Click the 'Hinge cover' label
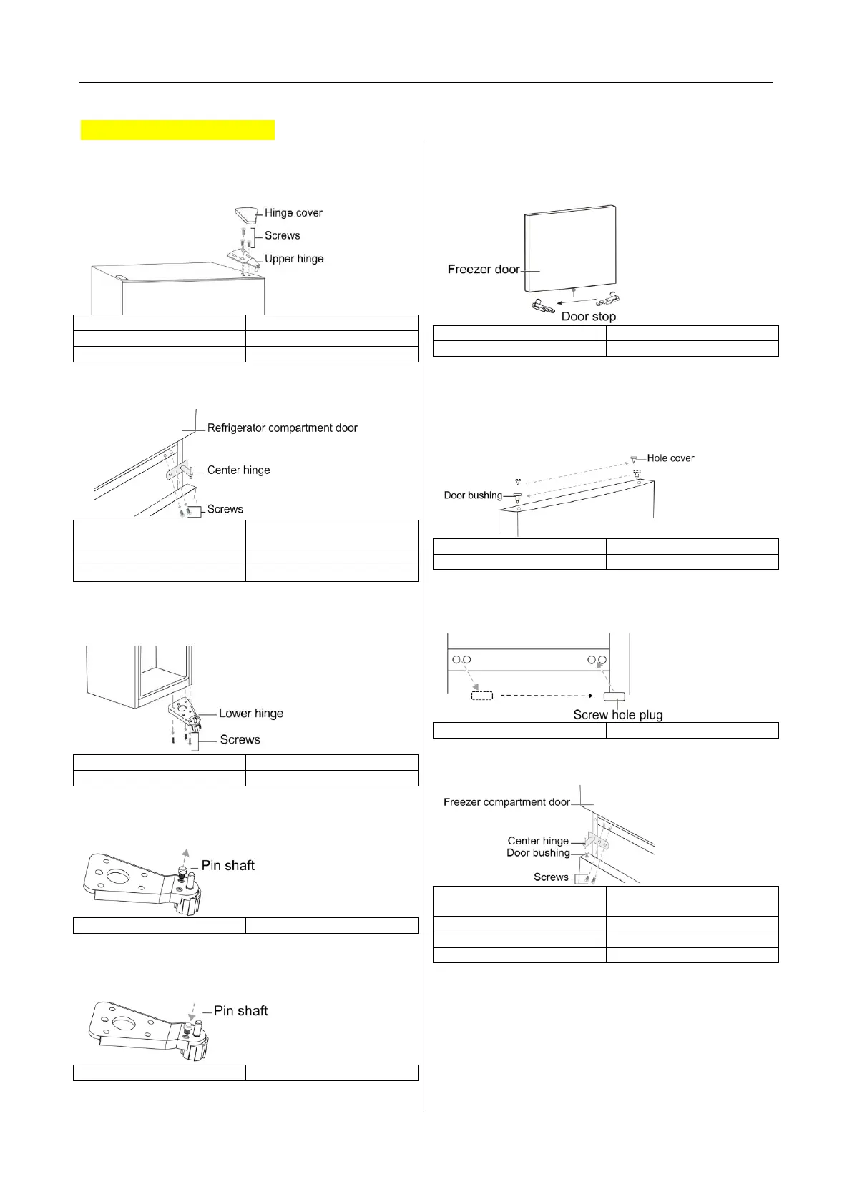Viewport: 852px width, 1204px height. pyautogui.click(x=293, y=213)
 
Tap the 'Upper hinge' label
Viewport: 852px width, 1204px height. pyautogui.click(x=294, y=259)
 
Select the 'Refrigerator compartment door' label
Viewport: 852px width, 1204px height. pyautogui.click(x=282, y=428)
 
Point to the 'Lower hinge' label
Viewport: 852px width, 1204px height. pyautogui.click(x=251, y=714)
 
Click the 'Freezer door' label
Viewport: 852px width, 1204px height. pyautogui.click(x=484, y=270)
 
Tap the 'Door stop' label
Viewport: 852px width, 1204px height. pyautogui.click(x=588, y=317)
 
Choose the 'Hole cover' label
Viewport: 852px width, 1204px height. pyautogui.click(x=670, y=458)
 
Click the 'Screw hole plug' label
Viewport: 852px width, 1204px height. pyautogui.click(x=618, y=715)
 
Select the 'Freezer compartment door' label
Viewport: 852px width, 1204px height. pyautogui.click(x=506, y=802)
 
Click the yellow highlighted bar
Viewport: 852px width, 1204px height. pyautogui.click(x=177, y=130)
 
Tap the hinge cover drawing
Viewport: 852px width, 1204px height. pyautogui.click(x=245, y=214)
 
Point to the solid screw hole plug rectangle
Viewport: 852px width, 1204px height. pyautogui.click(x=615, y=696)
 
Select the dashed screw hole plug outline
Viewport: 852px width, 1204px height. pyautogui.click(x=481, y=694)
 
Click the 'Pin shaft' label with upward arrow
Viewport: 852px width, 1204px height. pyautogui.click(x=228, y=866)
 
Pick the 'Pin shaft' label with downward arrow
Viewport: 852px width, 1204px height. pyautogui.click(x=241, y=1011)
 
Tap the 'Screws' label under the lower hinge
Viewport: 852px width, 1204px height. pyautogui.click(x=240, y=740)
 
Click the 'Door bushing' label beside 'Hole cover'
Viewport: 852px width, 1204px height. pyautogui.click(x=473, y=495)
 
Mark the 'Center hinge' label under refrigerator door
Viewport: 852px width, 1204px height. pyautogui.click(x=238, y=470)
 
